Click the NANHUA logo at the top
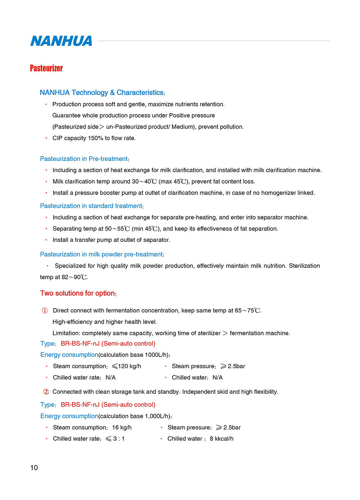pyautogui.click(x=61, y=41)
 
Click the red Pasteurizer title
pyautogui.click(x=46, y=68)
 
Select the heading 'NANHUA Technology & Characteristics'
pyautogui.click(x=102, y=93)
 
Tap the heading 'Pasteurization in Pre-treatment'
pyautogui.click(x=84, y=159)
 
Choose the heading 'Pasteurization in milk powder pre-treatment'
pyautogui.click(x=102, y=254)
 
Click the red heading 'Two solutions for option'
pyautogui.click(x=78, y=293)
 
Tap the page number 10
pyautogui.click(x=34, y=468)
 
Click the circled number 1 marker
pyautogui.click(x=45, y=310)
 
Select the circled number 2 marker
pyautogui.click(x=46, y=392)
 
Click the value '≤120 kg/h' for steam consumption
pyautogui.click(x=126, y=366)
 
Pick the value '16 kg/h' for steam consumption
pyautogui.click(x=122, y=427)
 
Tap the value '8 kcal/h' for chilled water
pyautogui.click(x=221, y=438)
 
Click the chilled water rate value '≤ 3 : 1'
pyautogui.click(x=115, y=438)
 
